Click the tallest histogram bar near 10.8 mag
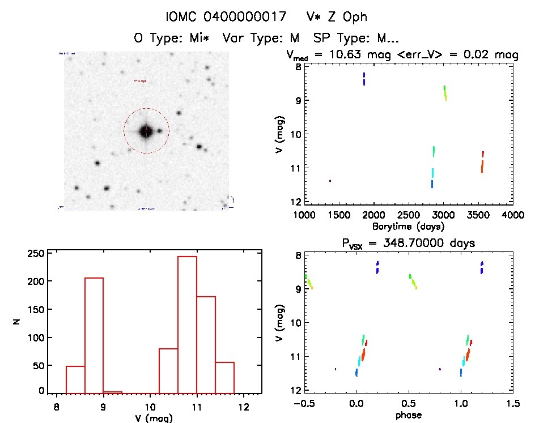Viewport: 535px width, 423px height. click(x=187, y=323)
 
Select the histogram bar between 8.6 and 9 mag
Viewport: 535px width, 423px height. click(x=94, y=334)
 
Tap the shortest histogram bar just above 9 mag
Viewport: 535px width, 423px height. click(x=113, y=392)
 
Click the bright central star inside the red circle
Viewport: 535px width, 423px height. click(x=146, y=131)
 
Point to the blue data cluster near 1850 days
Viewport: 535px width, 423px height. click(x=364, y=79)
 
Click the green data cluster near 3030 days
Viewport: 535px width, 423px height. click(x=445, y=92)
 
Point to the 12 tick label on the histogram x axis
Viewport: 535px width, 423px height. click(x=243, y=405)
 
